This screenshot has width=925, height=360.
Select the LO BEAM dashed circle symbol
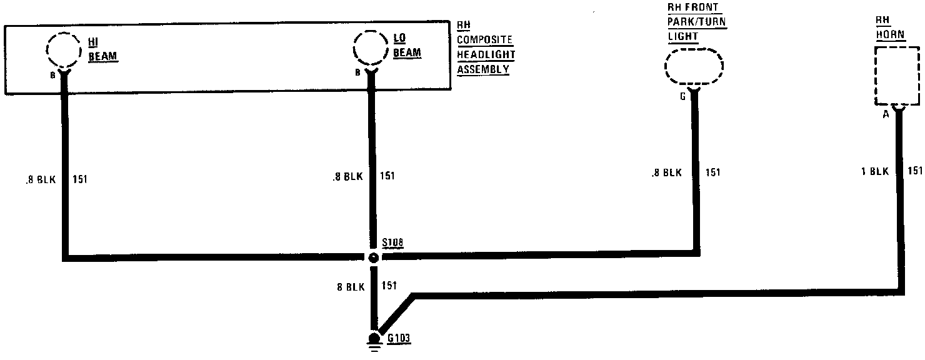pos(371,47)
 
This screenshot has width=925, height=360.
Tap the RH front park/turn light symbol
pos(694,65)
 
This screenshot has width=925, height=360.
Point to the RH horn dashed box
pos(897,77)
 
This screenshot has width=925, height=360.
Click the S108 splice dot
pos(373,257)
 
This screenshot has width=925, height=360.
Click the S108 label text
pos(392,242)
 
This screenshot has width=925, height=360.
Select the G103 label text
pos(398,339)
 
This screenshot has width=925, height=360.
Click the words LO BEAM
pos(406,46)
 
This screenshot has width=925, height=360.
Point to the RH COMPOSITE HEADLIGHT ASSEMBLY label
pos(484,47)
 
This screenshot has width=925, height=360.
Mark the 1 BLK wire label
pos(875,171)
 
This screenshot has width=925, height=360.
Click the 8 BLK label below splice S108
pos(351,287)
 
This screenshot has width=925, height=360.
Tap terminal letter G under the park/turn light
pos(682,97)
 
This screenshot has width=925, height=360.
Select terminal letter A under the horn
pos(885,114)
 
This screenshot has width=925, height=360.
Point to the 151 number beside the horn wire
pos(914,171)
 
